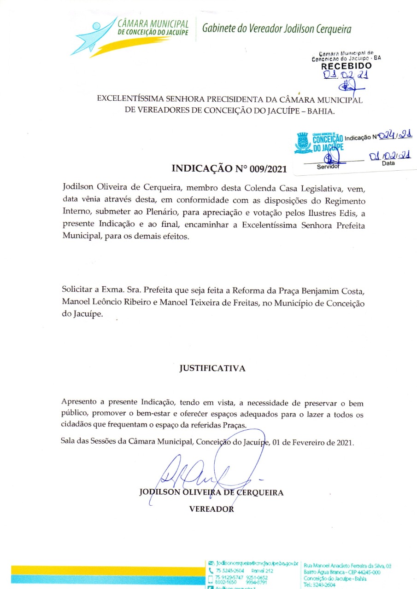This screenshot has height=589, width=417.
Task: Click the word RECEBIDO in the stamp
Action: tap(347, 66)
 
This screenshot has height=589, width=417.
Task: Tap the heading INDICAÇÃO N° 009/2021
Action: tap(229, 168)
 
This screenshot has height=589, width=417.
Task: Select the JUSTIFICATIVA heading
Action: tap(212, 369)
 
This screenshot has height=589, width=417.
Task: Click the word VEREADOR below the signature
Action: tap(211, 509)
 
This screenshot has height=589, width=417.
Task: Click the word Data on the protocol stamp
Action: tap(388, 163)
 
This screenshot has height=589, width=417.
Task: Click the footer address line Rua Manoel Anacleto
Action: tap(348, 566)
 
